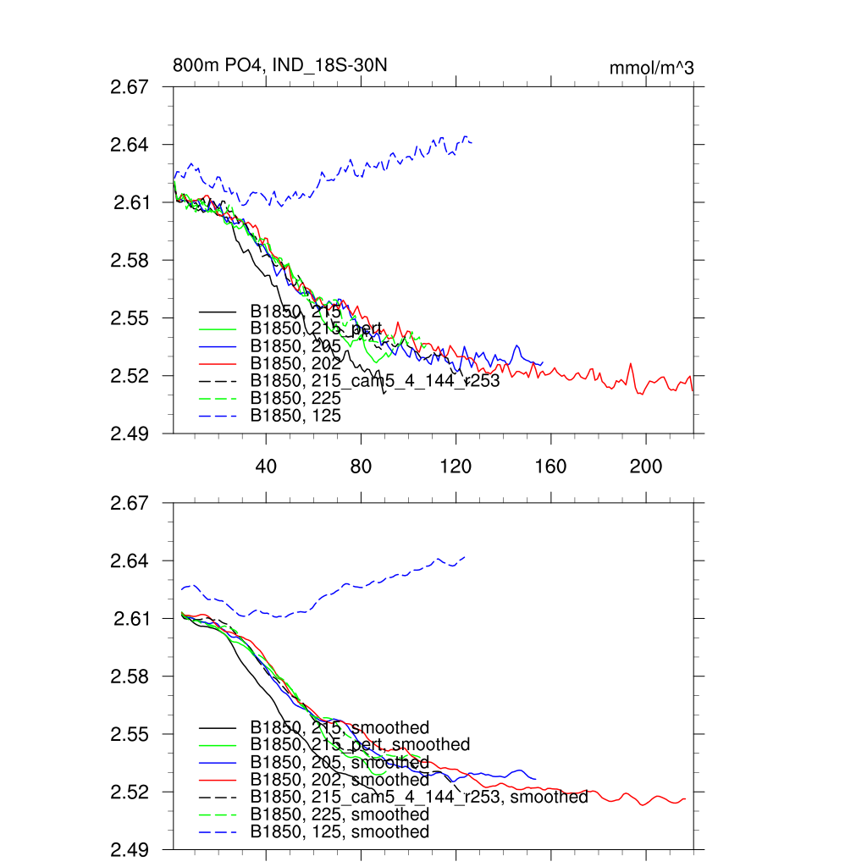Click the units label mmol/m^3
651,68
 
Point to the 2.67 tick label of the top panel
130,86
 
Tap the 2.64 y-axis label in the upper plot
130,145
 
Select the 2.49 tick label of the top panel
130,433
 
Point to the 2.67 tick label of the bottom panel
130,503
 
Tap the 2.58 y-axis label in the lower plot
130,676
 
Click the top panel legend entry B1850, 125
295,416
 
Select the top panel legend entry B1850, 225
295,398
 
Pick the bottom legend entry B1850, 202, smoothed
339,780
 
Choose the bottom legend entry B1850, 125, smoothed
339,832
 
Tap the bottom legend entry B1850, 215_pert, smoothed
359,745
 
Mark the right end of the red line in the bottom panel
684,798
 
